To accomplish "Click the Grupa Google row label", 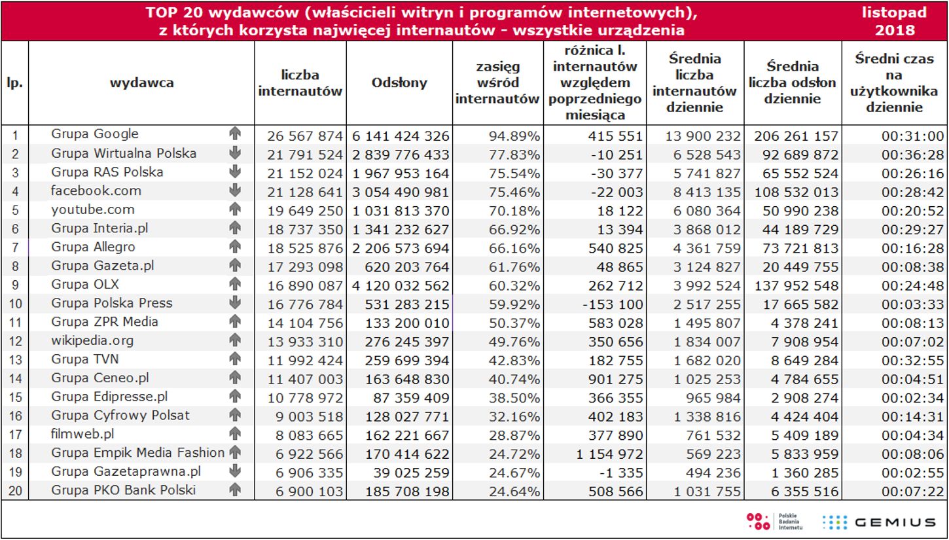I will (95, 134).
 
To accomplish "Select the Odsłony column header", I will (399, 82).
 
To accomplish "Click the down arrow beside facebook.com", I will (235, 191).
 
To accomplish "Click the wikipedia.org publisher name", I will (92, 340).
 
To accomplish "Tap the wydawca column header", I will (141, 82).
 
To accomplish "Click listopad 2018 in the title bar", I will (895, 21).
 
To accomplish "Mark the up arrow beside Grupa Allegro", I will (235, 247).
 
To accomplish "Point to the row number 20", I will (15, 492).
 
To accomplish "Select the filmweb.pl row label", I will (83, 434).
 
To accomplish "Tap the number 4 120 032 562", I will (401, 285).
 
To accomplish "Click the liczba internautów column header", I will (300, 83).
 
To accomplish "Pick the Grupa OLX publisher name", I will (85, 285).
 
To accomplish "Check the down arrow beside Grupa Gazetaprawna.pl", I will (235, 472).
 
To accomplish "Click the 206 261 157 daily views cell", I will (796, 136).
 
